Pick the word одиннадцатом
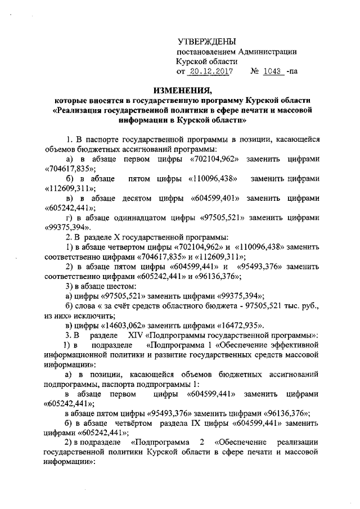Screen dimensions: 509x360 (136, 218)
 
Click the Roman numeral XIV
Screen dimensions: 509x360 (138, 335)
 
